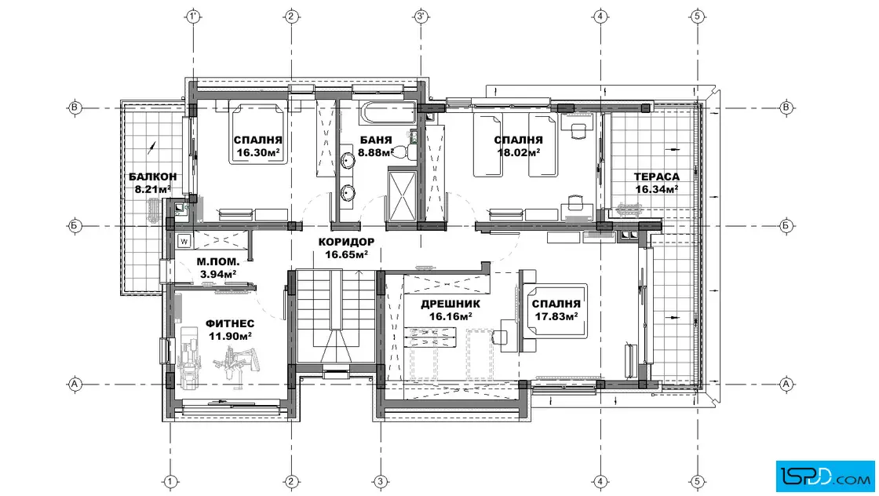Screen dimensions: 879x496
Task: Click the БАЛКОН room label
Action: (x=152, y=177)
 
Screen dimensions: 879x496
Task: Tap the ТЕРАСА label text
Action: (x=656, y=177)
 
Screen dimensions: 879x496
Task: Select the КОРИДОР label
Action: (x=346, y=243)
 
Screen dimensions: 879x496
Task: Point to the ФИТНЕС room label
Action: (x=230, y=324)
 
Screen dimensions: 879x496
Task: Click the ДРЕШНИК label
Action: (x=450, y=305)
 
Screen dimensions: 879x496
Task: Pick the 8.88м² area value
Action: (x=376, y=152)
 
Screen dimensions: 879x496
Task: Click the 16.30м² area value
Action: (x=258, y=152)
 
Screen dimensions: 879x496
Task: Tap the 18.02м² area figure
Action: (x=519, y=152)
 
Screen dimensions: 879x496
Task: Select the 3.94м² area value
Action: (x=218, y=274)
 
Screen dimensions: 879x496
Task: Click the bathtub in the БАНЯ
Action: (x=387, y=113)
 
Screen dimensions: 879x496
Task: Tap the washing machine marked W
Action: (x=184, y=242)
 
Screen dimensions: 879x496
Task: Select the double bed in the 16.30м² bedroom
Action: (x=258, y=133)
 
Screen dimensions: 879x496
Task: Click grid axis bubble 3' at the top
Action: (x=421, y=16)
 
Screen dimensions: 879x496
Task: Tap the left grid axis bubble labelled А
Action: (x=75, y=385)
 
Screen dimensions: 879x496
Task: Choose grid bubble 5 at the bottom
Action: (x=698, y=481)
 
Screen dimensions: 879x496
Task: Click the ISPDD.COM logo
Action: (x=825, y=476)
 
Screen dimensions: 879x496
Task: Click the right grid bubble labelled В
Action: (x=786, y=108)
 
